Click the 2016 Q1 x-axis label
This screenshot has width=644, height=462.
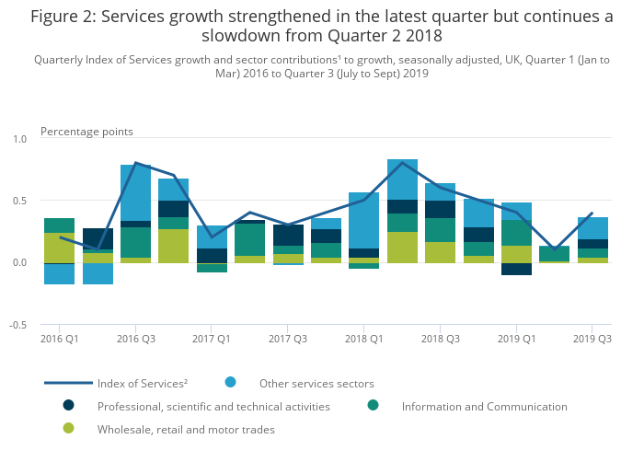click(60, 339)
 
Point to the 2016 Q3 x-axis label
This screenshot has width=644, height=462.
click(136, 339)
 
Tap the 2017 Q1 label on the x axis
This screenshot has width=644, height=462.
click(212, 339)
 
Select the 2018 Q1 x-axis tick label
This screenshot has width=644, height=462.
click(363, 339)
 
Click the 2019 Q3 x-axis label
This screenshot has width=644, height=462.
click(592, 339)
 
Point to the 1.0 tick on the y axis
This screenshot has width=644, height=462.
click(20, 139)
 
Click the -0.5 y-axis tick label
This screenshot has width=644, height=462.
click(18, 326)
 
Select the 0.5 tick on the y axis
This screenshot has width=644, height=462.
click(20, 201)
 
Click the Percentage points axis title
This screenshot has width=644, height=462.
click(86, 132)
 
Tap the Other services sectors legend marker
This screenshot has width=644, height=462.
click(230, 382)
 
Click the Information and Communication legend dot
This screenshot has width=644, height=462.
click(373, 405)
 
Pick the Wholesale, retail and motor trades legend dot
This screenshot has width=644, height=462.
click(68, 428)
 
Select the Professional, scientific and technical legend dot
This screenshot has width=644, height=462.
click(68, 405)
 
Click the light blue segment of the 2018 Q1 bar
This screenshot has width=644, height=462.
click(363, 220)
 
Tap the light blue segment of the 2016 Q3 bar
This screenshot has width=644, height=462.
click(136, 192)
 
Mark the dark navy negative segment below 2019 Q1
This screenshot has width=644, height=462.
click(516, 269)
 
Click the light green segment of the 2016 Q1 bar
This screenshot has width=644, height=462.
click(60, 248)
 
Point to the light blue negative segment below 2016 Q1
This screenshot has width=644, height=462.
click(60, 274)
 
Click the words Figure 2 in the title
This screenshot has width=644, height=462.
click(63, 16)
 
